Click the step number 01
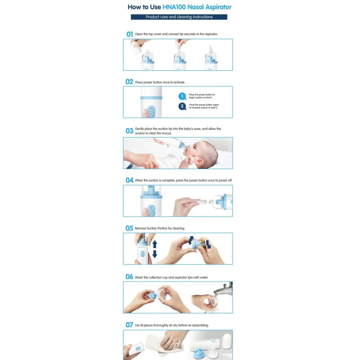tap(130, 34)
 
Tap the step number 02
tap(129, 82)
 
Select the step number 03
tap(130, 131)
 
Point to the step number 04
tap(130, 180)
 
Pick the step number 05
tap(129, 228)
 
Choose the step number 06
tap(129, 276)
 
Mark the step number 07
tap(129, 325)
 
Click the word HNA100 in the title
tap(174, 7)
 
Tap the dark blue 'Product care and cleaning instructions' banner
tap(179, 17)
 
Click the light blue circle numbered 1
tap(182, 96)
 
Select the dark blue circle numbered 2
tap(182, 106)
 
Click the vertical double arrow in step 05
tap(155, 249)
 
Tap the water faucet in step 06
tap(224, 289)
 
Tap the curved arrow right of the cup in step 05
tap(208, 244)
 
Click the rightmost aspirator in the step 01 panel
tap(211, 58)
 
